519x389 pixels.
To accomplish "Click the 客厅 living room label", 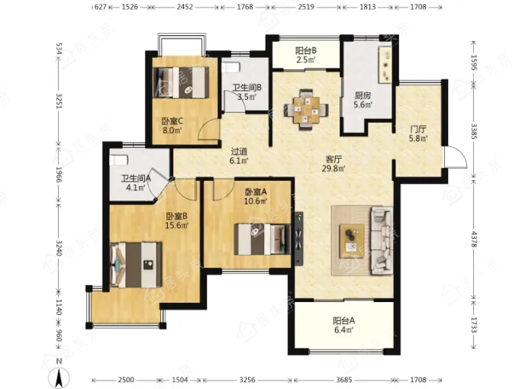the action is point(334,159).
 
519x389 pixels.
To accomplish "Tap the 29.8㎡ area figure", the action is point(334,169).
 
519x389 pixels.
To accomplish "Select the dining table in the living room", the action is point(306,110).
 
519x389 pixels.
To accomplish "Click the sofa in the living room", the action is point(382,240).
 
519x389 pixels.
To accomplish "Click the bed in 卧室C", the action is point(181,82).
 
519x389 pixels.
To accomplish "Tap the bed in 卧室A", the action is point(263,240).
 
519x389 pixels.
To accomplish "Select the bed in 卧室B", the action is point(136,265).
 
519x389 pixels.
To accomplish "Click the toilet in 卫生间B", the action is point(230,67).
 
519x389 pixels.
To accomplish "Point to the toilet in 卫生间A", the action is point(118,159).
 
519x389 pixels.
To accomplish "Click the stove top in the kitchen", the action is point(385,65).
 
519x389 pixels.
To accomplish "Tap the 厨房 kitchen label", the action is point(363,95).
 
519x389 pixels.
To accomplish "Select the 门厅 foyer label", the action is point(417,129).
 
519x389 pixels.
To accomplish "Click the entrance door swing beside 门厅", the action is point(456,157).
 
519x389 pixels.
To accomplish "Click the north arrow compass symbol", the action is point(59,377).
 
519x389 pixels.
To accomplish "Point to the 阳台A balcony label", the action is point(344,320).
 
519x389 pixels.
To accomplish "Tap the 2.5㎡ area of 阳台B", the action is point(305,59).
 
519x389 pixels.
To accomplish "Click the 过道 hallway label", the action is point(239,152).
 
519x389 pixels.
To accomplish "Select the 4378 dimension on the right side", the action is point(474,240).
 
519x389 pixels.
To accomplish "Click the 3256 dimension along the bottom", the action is point(247,380).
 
